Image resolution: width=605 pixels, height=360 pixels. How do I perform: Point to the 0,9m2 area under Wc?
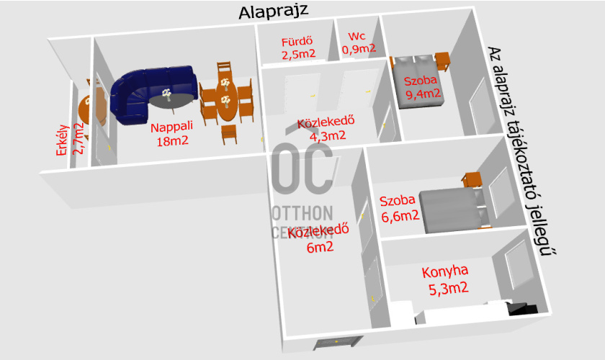coord(359,49)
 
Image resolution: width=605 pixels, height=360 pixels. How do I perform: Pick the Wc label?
coord(358,36)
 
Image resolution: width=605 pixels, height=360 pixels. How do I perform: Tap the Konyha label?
coord(444,271)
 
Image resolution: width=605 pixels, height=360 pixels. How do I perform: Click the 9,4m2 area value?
coord(423,93)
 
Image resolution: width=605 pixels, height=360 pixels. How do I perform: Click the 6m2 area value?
coord(320,248)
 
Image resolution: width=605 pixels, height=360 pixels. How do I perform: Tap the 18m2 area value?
coord(172,141)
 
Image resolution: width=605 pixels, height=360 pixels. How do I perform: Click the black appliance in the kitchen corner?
coord(524,308)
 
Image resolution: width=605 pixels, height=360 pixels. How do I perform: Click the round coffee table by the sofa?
coord(175,101)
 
